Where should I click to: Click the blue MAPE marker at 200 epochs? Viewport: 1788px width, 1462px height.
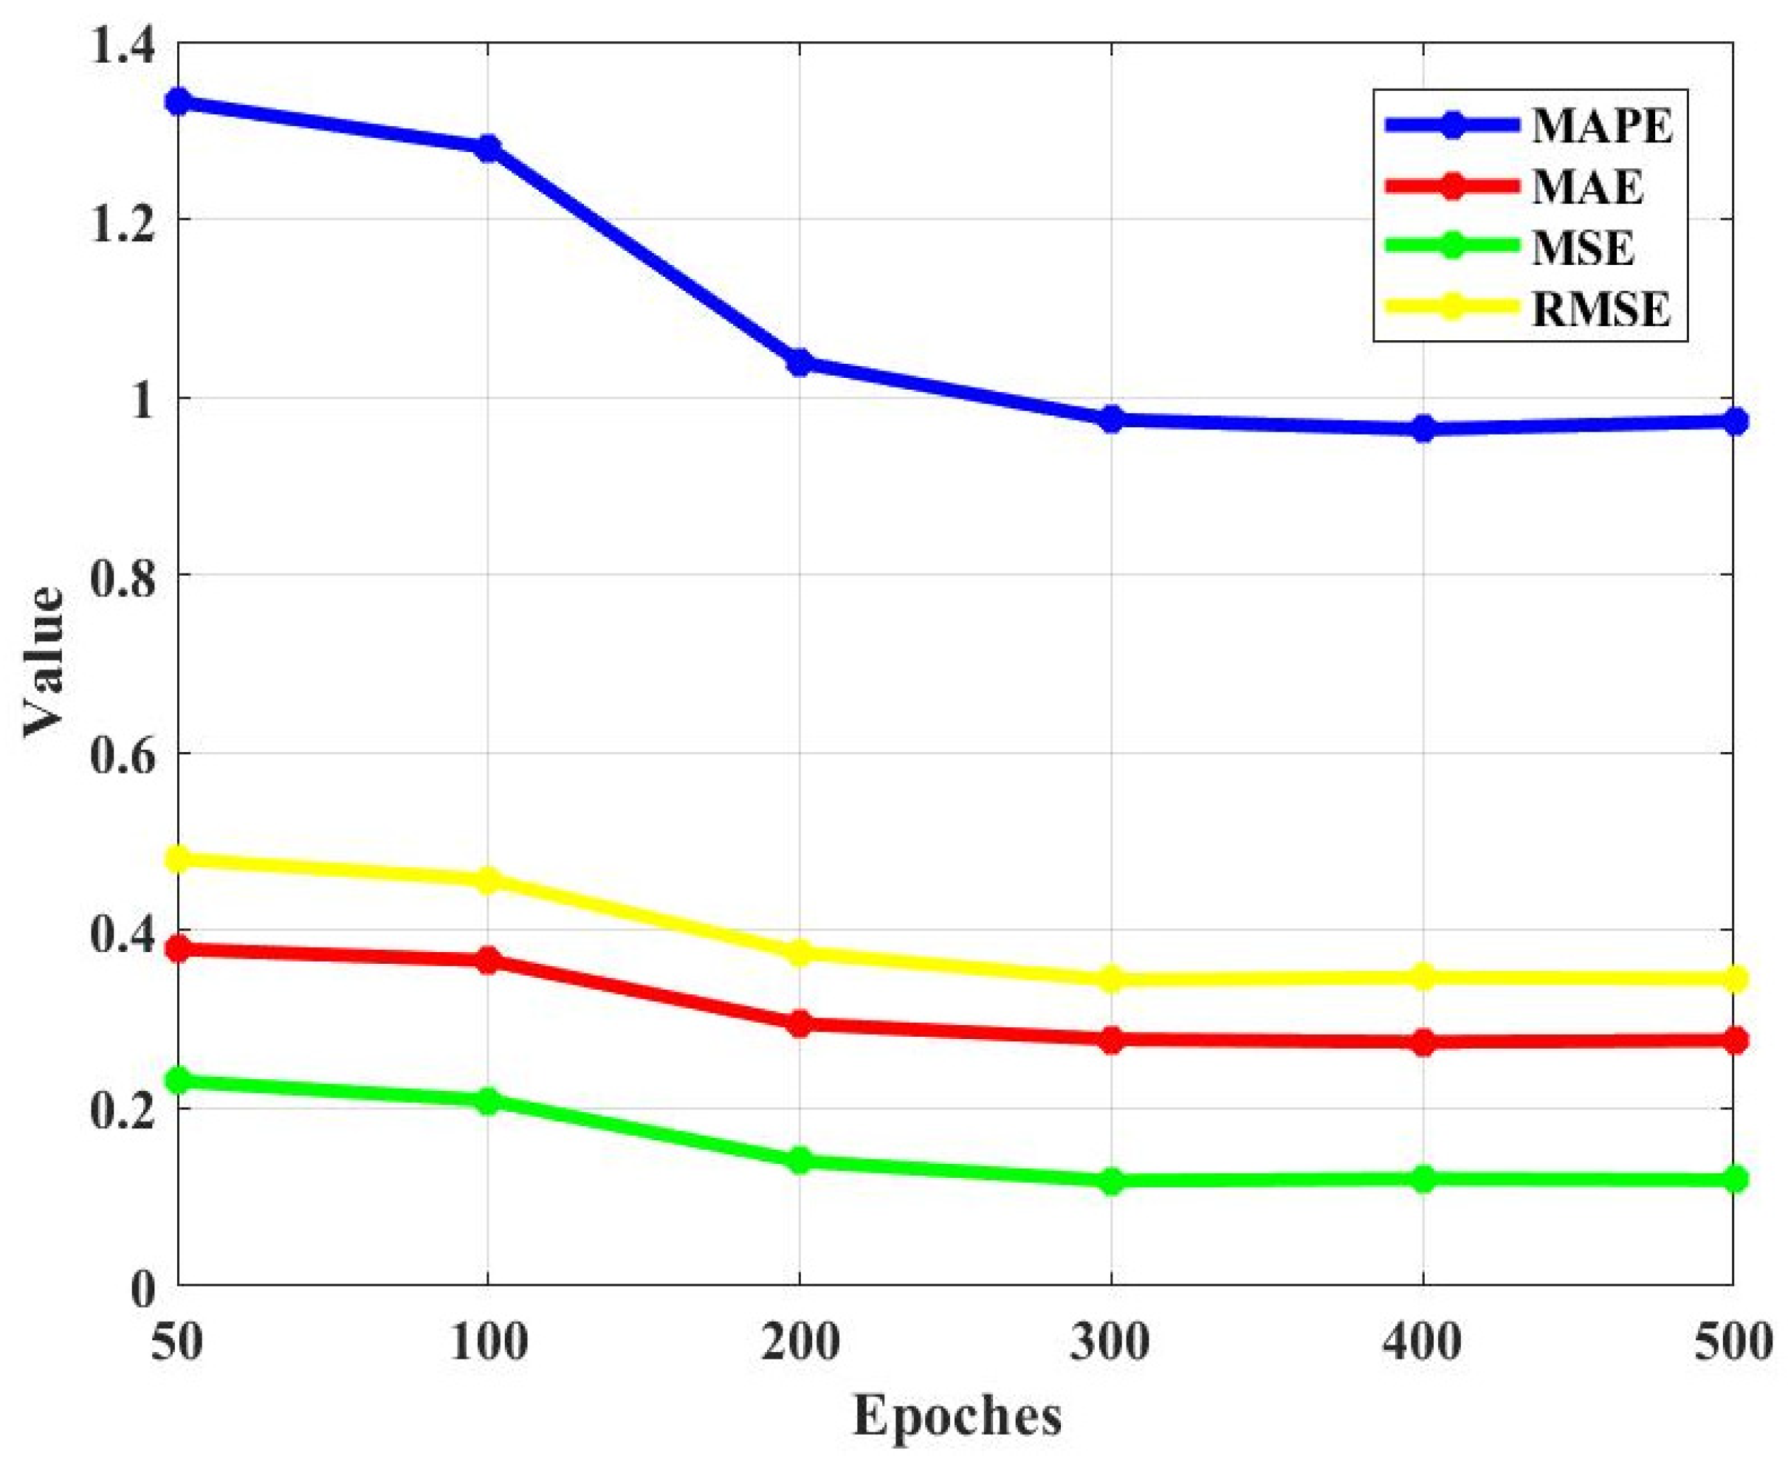800,363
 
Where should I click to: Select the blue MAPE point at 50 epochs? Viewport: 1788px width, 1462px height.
178,102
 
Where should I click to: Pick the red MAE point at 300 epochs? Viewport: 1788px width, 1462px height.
1111,1039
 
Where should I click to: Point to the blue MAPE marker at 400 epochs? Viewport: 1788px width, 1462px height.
1423,428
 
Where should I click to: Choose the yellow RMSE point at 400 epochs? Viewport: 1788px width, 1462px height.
1423,977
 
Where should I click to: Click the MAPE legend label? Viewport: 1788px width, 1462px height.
1601,126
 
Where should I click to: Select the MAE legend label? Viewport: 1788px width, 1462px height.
1586,187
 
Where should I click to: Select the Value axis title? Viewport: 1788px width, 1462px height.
42,663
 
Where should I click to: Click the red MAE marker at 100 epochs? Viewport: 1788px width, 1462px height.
489,959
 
